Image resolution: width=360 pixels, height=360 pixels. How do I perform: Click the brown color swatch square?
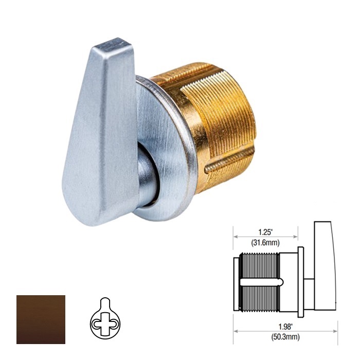click(x=41, y=319)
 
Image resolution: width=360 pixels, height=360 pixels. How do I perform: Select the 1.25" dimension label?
click(x=265, y=232)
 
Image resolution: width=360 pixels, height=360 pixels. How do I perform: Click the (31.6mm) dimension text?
click(x=265, y=242)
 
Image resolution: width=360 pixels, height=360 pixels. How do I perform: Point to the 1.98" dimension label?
click(x=285, y=327)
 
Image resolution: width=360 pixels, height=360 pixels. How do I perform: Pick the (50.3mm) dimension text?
click(x=285, y=337)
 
